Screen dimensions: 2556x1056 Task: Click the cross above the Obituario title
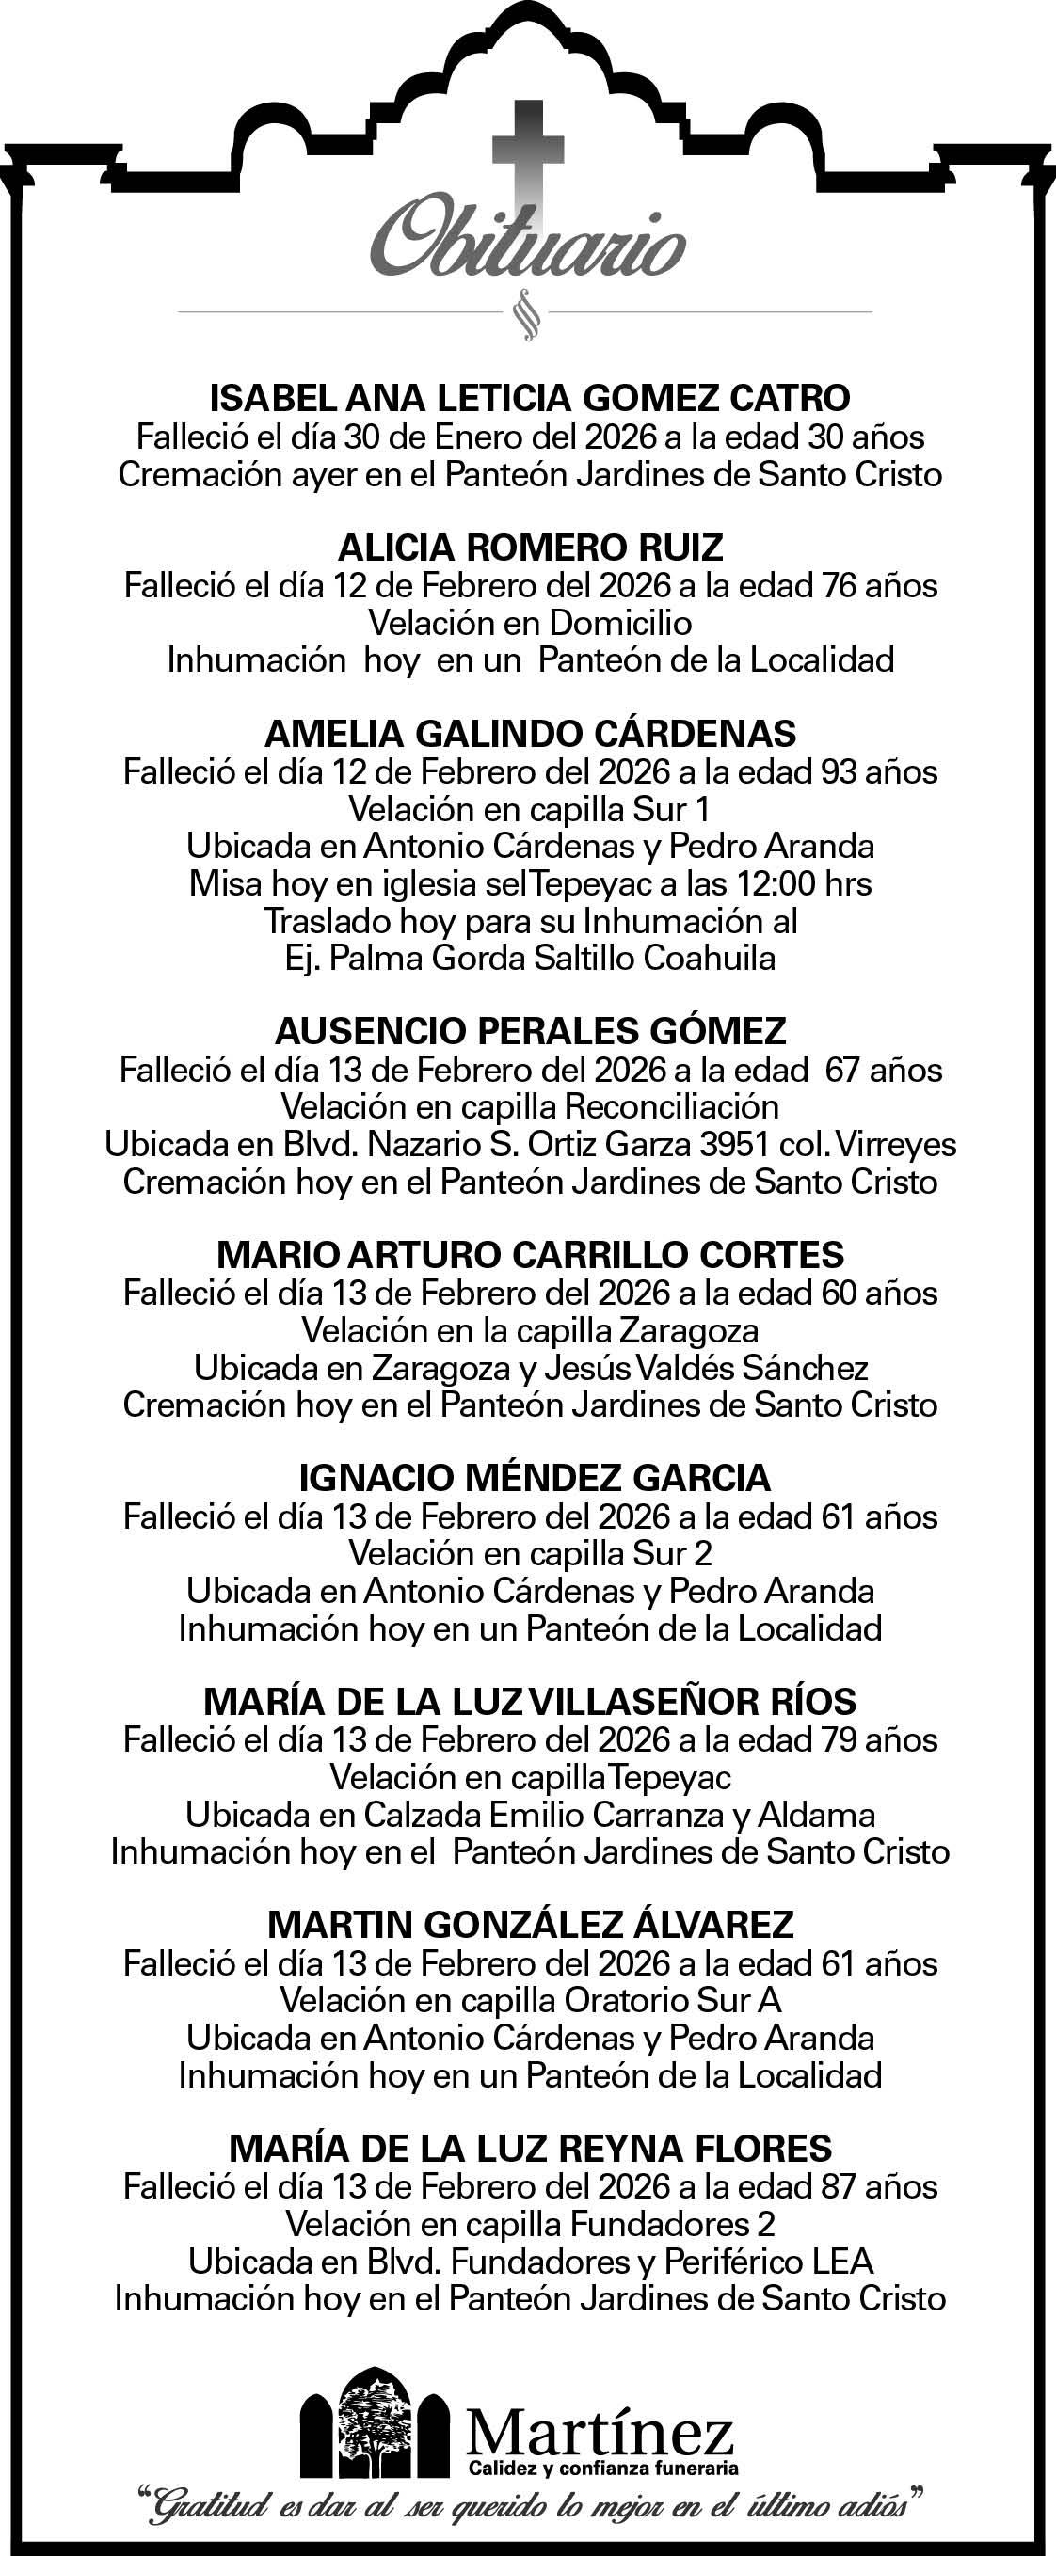coord(528,149)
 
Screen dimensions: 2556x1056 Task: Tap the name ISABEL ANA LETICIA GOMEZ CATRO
coord(529,398)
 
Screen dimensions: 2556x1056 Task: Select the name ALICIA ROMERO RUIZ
coord(530,547)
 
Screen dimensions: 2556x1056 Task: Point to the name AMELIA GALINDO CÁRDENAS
coord(530,733)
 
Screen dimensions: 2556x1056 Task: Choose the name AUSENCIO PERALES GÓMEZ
coord(530,1031)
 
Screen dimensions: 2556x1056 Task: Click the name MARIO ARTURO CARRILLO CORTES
coord(530,1254)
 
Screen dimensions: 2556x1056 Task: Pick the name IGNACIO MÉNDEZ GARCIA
coord(534,1478)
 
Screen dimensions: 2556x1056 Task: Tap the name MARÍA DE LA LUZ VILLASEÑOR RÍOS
coord(529,1702)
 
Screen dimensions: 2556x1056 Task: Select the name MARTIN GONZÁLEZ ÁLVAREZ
coord(530,1925)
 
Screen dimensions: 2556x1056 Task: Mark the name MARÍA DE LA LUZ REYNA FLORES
coord(530,2149)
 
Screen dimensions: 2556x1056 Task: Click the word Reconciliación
coord(671,1106)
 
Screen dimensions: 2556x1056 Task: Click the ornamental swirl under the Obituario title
coord(526,314)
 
